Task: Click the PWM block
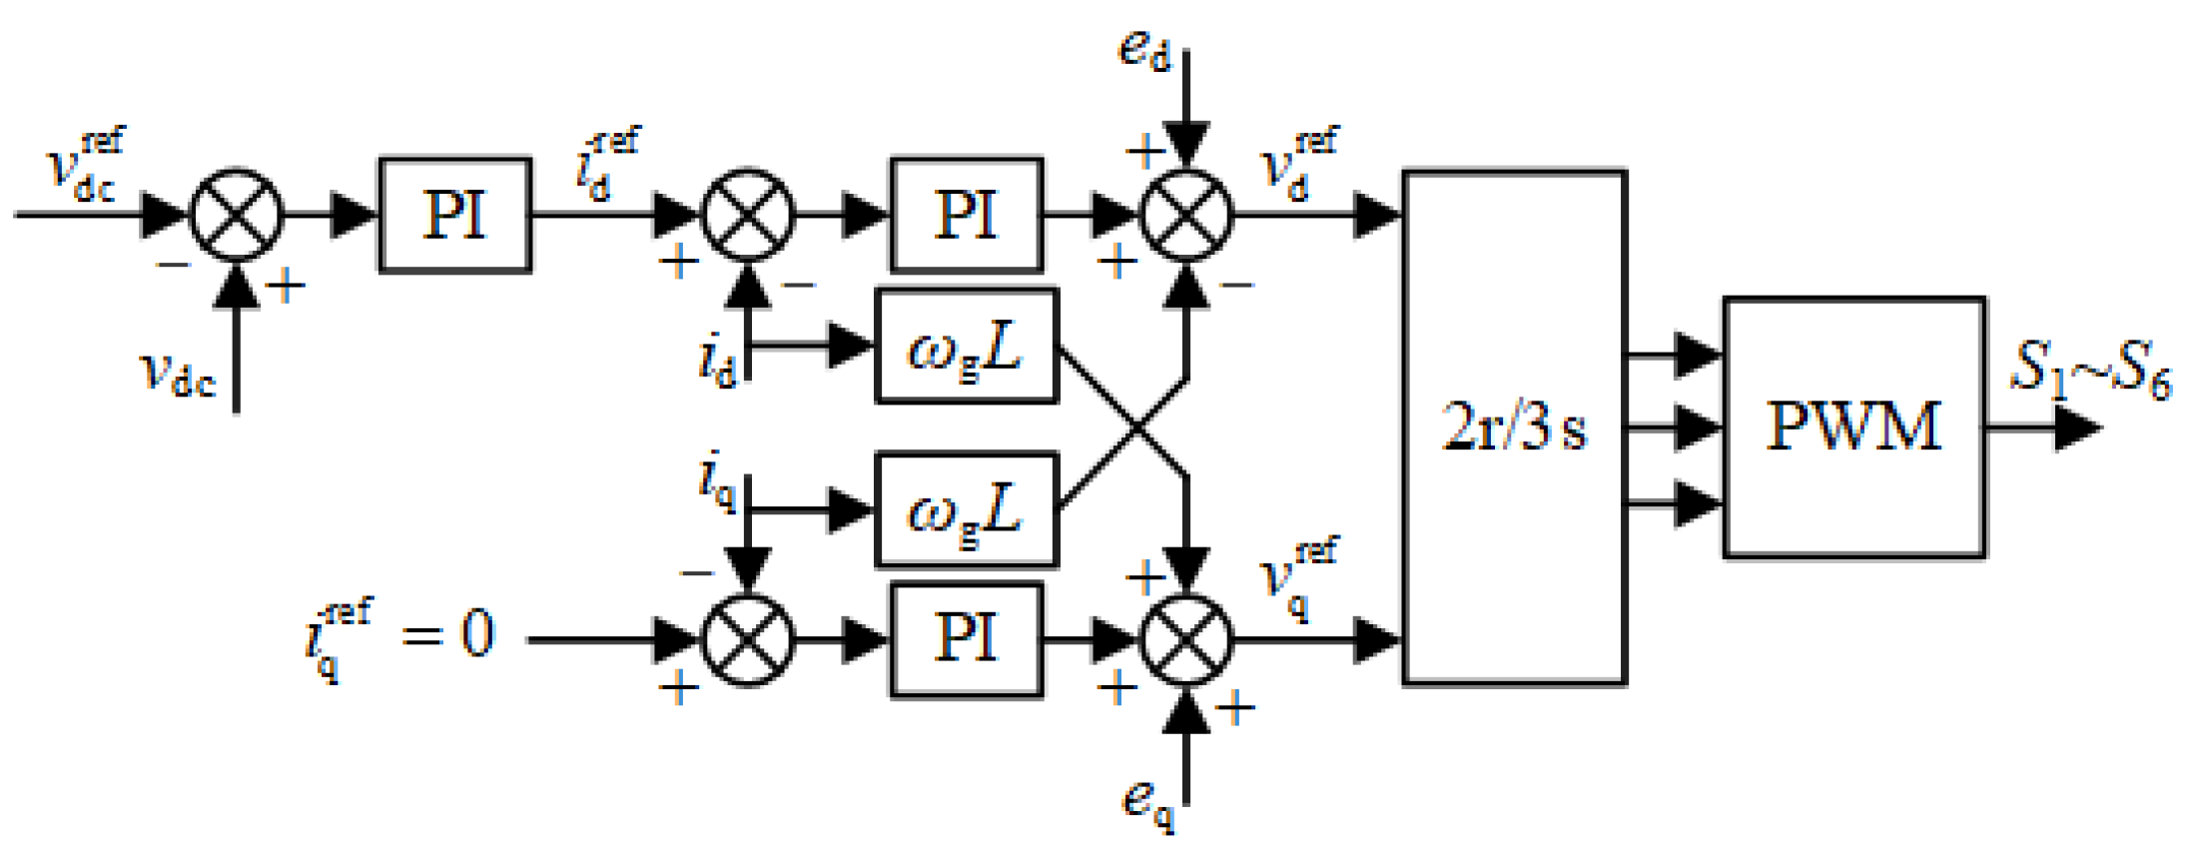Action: pos(1853,427)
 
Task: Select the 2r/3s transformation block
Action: pos(1514,428)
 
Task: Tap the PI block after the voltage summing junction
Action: pos(454,215)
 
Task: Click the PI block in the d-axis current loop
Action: pos(966,215)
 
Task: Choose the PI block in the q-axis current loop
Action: pos(966,639)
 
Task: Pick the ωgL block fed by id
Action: pos(966,347)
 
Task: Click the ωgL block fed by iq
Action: pos(966,509)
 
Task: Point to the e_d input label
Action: pos(1143,50)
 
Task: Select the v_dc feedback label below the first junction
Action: pos(177,375)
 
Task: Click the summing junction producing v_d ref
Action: pos(1186,215)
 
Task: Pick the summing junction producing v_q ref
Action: pos(1186,639)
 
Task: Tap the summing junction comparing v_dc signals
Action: pos(237,215)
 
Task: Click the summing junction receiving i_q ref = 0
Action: pos(748,639)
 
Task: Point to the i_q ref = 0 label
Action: pos(399,635)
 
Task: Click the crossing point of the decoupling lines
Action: pos(1137,429)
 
